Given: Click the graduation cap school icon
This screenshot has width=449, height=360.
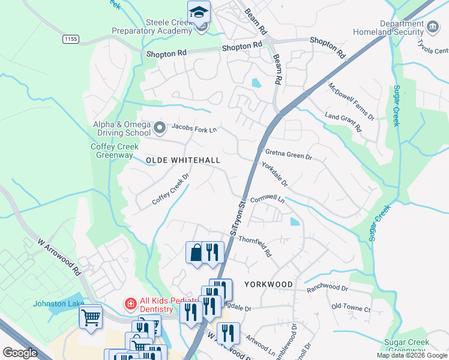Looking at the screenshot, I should click(199, 11).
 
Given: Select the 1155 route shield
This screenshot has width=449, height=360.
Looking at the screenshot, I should click(70, 39).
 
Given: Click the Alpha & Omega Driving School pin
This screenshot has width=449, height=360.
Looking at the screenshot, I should click(160, 127).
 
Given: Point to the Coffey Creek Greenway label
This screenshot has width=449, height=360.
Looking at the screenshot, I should click(115, 150).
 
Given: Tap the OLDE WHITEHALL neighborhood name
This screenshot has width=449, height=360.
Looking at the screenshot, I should click(183, 160).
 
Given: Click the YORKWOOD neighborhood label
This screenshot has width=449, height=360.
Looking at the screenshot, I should click(268, 284).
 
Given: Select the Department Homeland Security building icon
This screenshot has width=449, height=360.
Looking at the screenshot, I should click(433, 26).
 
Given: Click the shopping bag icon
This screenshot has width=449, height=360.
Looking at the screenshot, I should click(196, 253).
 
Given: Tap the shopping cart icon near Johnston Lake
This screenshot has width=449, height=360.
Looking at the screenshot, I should click(91, 316).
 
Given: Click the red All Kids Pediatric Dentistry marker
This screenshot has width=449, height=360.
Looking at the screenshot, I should click(129, 304).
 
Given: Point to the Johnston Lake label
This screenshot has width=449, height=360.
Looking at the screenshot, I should click(58, 304).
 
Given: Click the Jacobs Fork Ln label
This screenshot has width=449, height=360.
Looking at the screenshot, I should click(193, 128).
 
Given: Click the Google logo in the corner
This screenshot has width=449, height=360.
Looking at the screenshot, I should click(20, 353).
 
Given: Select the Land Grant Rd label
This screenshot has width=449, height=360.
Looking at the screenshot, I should click(343, 120).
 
